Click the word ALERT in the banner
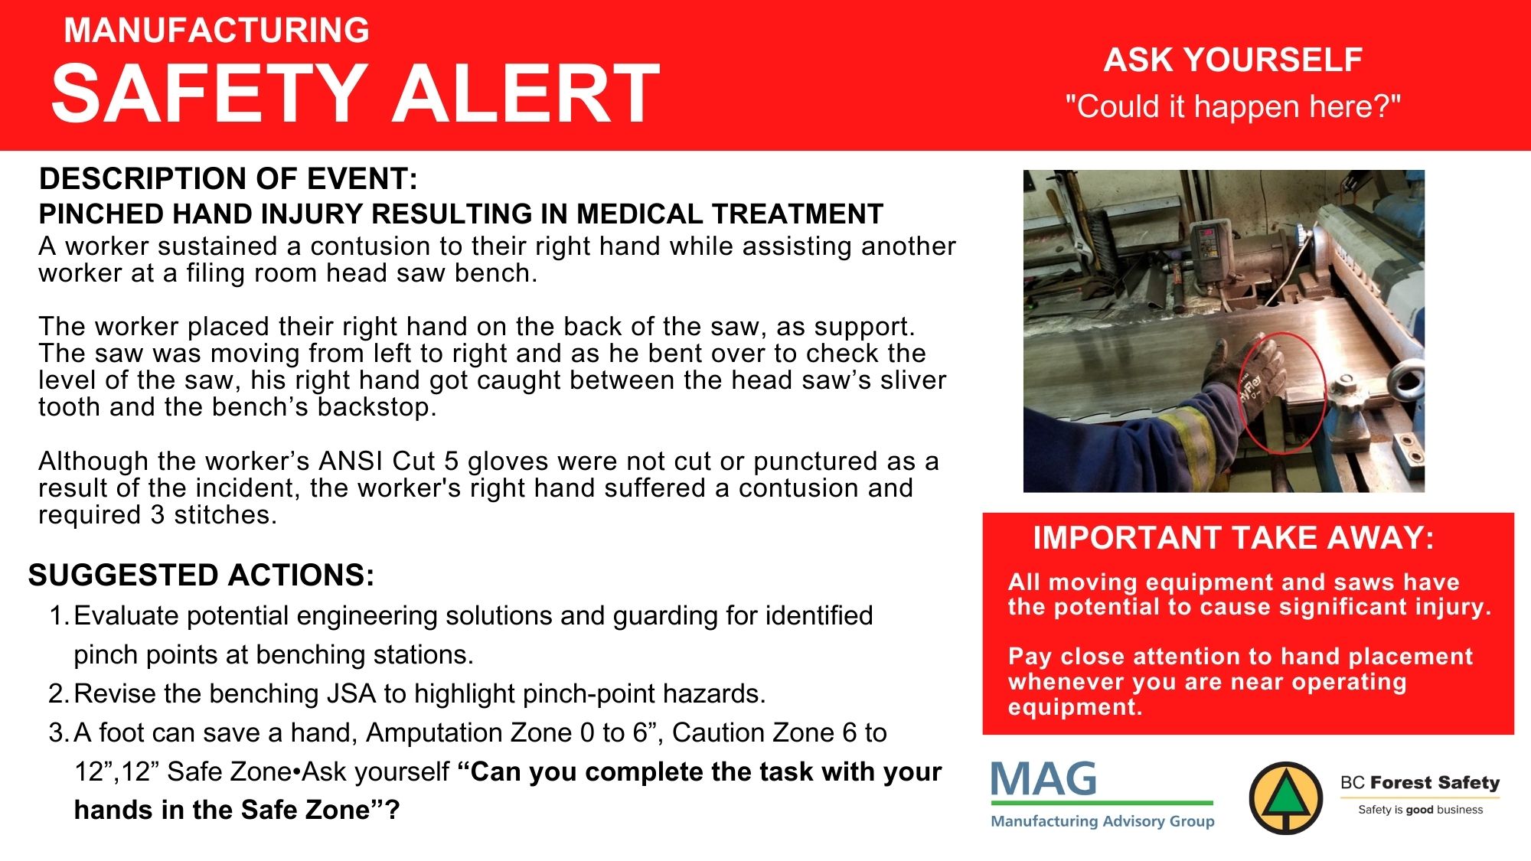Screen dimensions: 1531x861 point(525,93)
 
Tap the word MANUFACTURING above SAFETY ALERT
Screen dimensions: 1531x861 point(217,30)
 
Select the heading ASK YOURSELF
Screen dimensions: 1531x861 point(1232,60)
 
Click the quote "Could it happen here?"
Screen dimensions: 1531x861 point(1232,106)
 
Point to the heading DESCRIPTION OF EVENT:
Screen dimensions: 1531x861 point(228,178)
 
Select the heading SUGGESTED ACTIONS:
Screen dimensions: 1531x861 point(201,575)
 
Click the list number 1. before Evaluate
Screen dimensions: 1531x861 point(60,615)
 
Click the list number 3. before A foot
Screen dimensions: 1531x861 point(60,732)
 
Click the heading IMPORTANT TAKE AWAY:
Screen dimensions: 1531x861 point(1233,537)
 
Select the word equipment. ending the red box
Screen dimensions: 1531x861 point(1075,707)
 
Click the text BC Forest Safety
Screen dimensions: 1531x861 point(1420,782)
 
